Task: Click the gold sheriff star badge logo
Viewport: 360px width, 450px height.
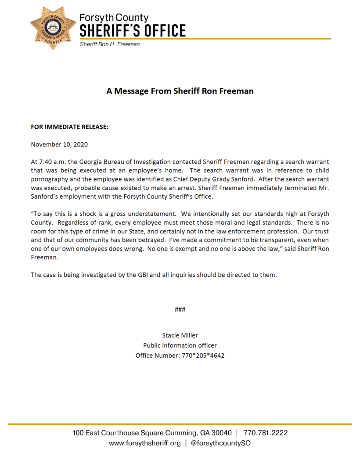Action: coord(53,28)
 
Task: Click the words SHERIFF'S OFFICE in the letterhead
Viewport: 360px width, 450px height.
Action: coord(132,31)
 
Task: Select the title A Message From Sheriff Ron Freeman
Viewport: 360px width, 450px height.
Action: coord(180,91)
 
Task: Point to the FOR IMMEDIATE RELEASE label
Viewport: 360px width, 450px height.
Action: coord(70,127)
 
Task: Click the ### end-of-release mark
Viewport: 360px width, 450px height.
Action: coord(180,309)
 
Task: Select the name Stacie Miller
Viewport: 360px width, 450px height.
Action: coord(180,335)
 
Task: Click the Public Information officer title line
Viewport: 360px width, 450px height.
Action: coord(180,345)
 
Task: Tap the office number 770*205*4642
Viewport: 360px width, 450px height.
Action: coord(203,356)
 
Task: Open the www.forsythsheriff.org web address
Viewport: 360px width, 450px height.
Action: coord(145,443)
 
